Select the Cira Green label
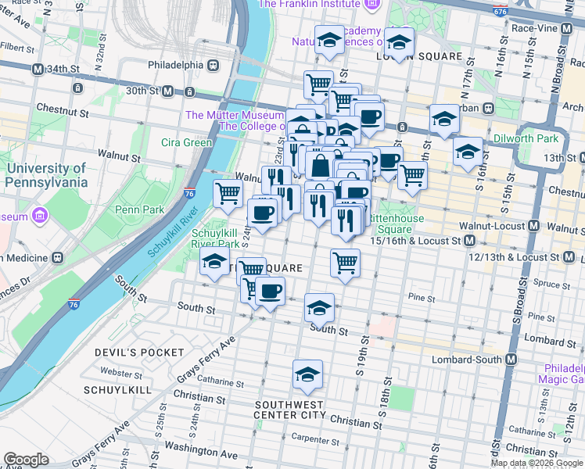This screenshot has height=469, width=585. [x=186, y=142]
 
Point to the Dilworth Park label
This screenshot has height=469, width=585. [x=525, y=139]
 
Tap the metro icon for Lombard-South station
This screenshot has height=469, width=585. [x=511, y=359]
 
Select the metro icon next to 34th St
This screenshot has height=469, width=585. [x=37, y=69]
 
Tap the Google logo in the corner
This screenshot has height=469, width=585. [x=26, y=460]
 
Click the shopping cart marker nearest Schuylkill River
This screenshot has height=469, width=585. [x=228, y=192]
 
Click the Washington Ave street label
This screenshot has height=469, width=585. [x=201, y=453]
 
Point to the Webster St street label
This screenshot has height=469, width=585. [x=120, y=374]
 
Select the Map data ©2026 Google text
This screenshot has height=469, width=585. [x=536, y=463]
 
